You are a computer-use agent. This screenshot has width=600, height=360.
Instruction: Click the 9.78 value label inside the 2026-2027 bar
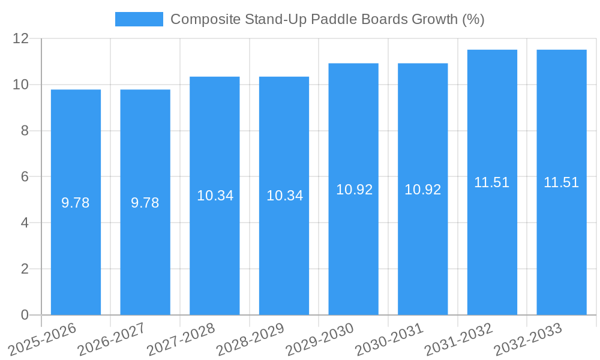point(145,203)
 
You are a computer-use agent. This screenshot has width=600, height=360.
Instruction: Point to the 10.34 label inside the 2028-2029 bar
point(284,196)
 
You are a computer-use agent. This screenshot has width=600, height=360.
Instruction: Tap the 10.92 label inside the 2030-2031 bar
point(422,190)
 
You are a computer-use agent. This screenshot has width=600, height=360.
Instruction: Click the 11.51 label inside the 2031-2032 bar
point(492,183)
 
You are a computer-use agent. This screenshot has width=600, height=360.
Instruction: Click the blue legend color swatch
point(139,19)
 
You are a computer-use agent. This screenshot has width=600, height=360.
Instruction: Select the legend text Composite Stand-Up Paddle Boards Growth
point(327,19)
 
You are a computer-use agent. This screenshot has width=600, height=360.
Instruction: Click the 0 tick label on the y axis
point(25,315)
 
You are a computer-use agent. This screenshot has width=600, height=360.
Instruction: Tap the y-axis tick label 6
point(25,177)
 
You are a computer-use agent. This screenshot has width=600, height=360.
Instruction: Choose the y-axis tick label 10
point(21,85)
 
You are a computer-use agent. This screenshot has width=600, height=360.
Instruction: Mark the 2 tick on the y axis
point(25,269)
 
